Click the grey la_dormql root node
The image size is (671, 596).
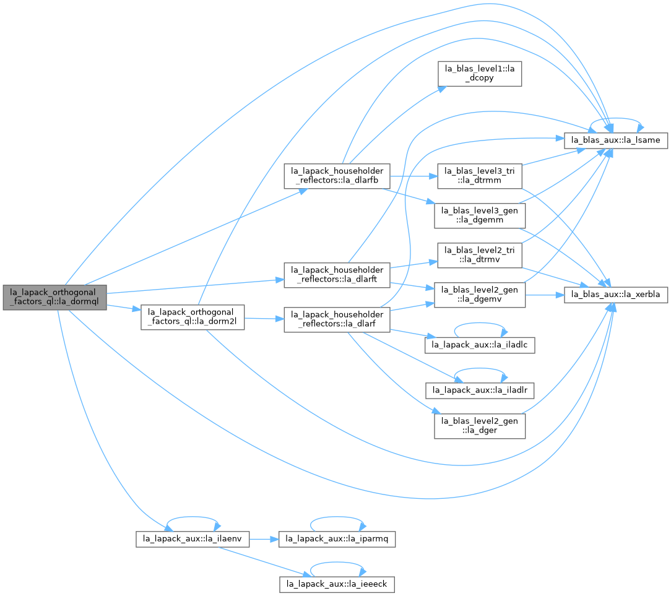point(54,297)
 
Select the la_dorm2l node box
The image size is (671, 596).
point(193,317)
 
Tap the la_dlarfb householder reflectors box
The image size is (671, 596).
point(337,176)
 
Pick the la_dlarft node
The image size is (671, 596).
point(337,275)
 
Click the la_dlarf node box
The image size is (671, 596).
point(337,319)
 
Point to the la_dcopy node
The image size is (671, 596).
point(480,74)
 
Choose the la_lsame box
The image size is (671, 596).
point(616,140)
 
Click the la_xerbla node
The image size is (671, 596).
point(616,295)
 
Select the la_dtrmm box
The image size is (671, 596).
point(480,176)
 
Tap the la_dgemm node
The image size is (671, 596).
point(480,215)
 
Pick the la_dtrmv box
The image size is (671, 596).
point(480,256)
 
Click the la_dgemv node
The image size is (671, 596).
point(480,295)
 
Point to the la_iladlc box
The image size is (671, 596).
point(480,345)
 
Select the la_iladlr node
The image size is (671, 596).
point(480,390)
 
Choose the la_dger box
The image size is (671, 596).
point(480,426)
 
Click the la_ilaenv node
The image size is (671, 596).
point(193,539)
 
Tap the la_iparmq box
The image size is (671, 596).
point(337,539)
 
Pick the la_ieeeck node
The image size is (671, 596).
point(337,584)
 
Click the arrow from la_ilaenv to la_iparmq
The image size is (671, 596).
point(264,539)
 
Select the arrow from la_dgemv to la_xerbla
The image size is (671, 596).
point(545,295)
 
